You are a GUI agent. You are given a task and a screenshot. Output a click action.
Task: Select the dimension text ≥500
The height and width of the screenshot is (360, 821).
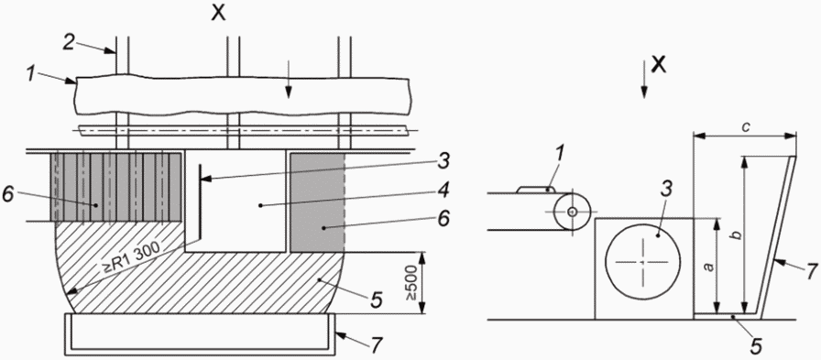pyautogui.click(x=411, y=282)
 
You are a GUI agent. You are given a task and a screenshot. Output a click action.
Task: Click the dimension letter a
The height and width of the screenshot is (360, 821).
pyautogui.click(x=708, y=267)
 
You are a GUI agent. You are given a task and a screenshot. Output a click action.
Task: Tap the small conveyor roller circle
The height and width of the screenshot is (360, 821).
pyautogui.click(x=573, y=212)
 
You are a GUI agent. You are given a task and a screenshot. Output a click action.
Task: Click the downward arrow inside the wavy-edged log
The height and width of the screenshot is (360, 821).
pyautogui.click(x=287, y=90)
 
